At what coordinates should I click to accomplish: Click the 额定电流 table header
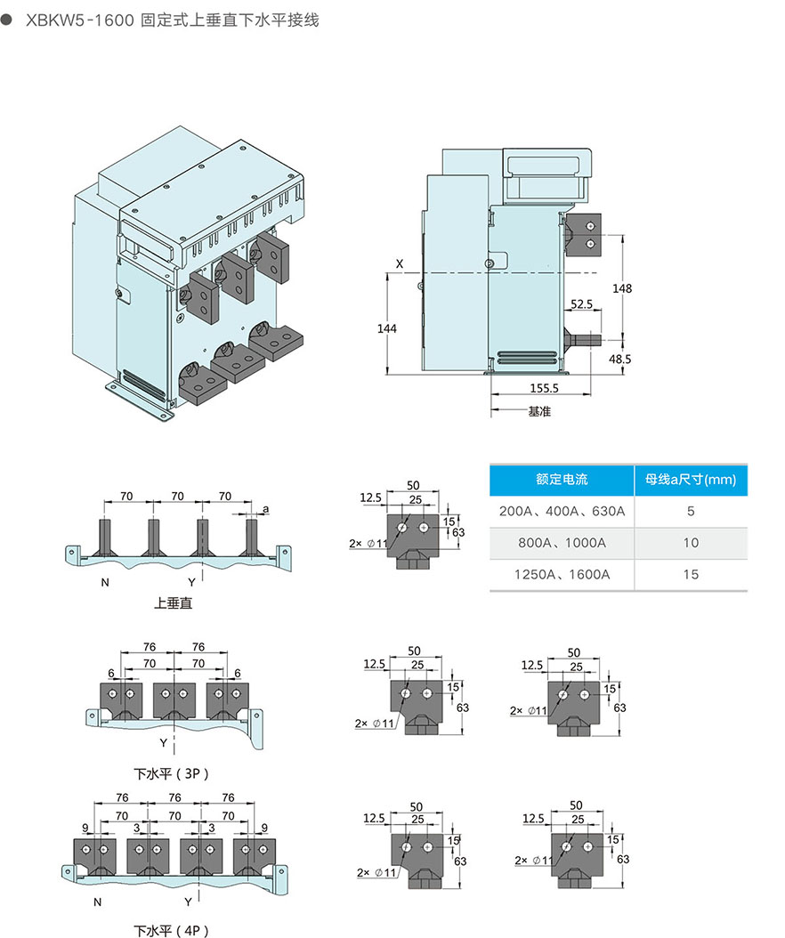pyautogui.click(x=562, y=480)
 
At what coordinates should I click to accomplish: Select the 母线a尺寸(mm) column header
pyautogui.click(x=691, y=480)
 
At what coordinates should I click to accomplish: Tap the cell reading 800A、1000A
pyautogui.click(x=562, y=543)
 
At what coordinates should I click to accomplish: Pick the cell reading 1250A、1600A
pyautogui.click(x=562, y=574)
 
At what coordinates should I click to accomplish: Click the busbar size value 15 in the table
pyautogui.click(x=691, y=574)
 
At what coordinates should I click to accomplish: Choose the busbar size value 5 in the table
pyautogui.click(x=691, y=512)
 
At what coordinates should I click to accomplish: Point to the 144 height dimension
pyautogui.click(x=385, y=328)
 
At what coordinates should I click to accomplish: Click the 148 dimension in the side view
pyautogui.click(x=622, y=288)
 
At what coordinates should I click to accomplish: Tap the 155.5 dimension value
pyautogui.click(x=544, y=388)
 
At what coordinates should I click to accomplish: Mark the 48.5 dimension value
pyautogui.click(x=619, y=359)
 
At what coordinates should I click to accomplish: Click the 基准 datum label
pyautogui.click(x=539, y=411)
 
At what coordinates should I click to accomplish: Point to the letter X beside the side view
pyautogui.click(x=400, y=264)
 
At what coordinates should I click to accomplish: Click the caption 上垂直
pyautogui.click(x=173, y=602)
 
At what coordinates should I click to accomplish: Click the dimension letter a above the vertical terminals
pyautogui.click(x=266, y=509)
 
